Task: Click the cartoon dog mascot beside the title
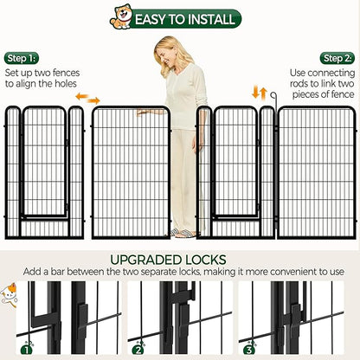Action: [121, 16]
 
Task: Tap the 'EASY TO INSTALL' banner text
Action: [185, 19]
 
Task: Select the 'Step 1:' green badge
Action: [22, 58]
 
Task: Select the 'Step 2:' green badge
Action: [337, 59]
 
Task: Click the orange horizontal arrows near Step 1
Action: [87, 98]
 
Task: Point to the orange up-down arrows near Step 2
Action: [260, 93]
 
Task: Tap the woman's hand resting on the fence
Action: [145, 112]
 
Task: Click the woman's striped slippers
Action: [183, 233]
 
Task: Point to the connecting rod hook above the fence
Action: [273, 96]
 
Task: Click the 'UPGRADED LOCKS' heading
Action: [168, 260]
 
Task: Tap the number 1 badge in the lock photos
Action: [27, 350]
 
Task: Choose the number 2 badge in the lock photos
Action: [138, 350]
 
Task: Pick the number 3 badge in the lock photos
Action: [249, 350]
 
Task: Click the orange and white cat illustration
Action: [8, 295]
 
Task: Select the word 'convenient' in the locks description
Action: [292, 272]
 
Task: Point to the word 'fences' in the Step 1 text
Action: [66, 73]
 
